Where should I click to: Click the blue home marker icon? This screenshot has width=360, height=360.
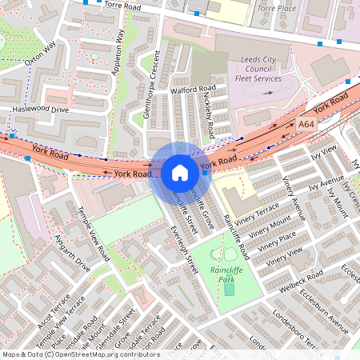[x=180, y=172]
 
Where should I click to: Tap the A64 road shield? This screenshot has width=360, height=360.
[x=306, y=125]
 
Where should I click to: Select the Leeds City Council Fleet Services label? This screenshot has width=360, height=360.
[x=262, y=70]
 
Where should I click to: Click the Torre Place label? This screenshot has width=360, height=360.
[x=278, y=8]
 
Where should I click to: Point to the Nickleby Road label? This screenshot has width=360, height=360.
[x=209, y=117]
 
